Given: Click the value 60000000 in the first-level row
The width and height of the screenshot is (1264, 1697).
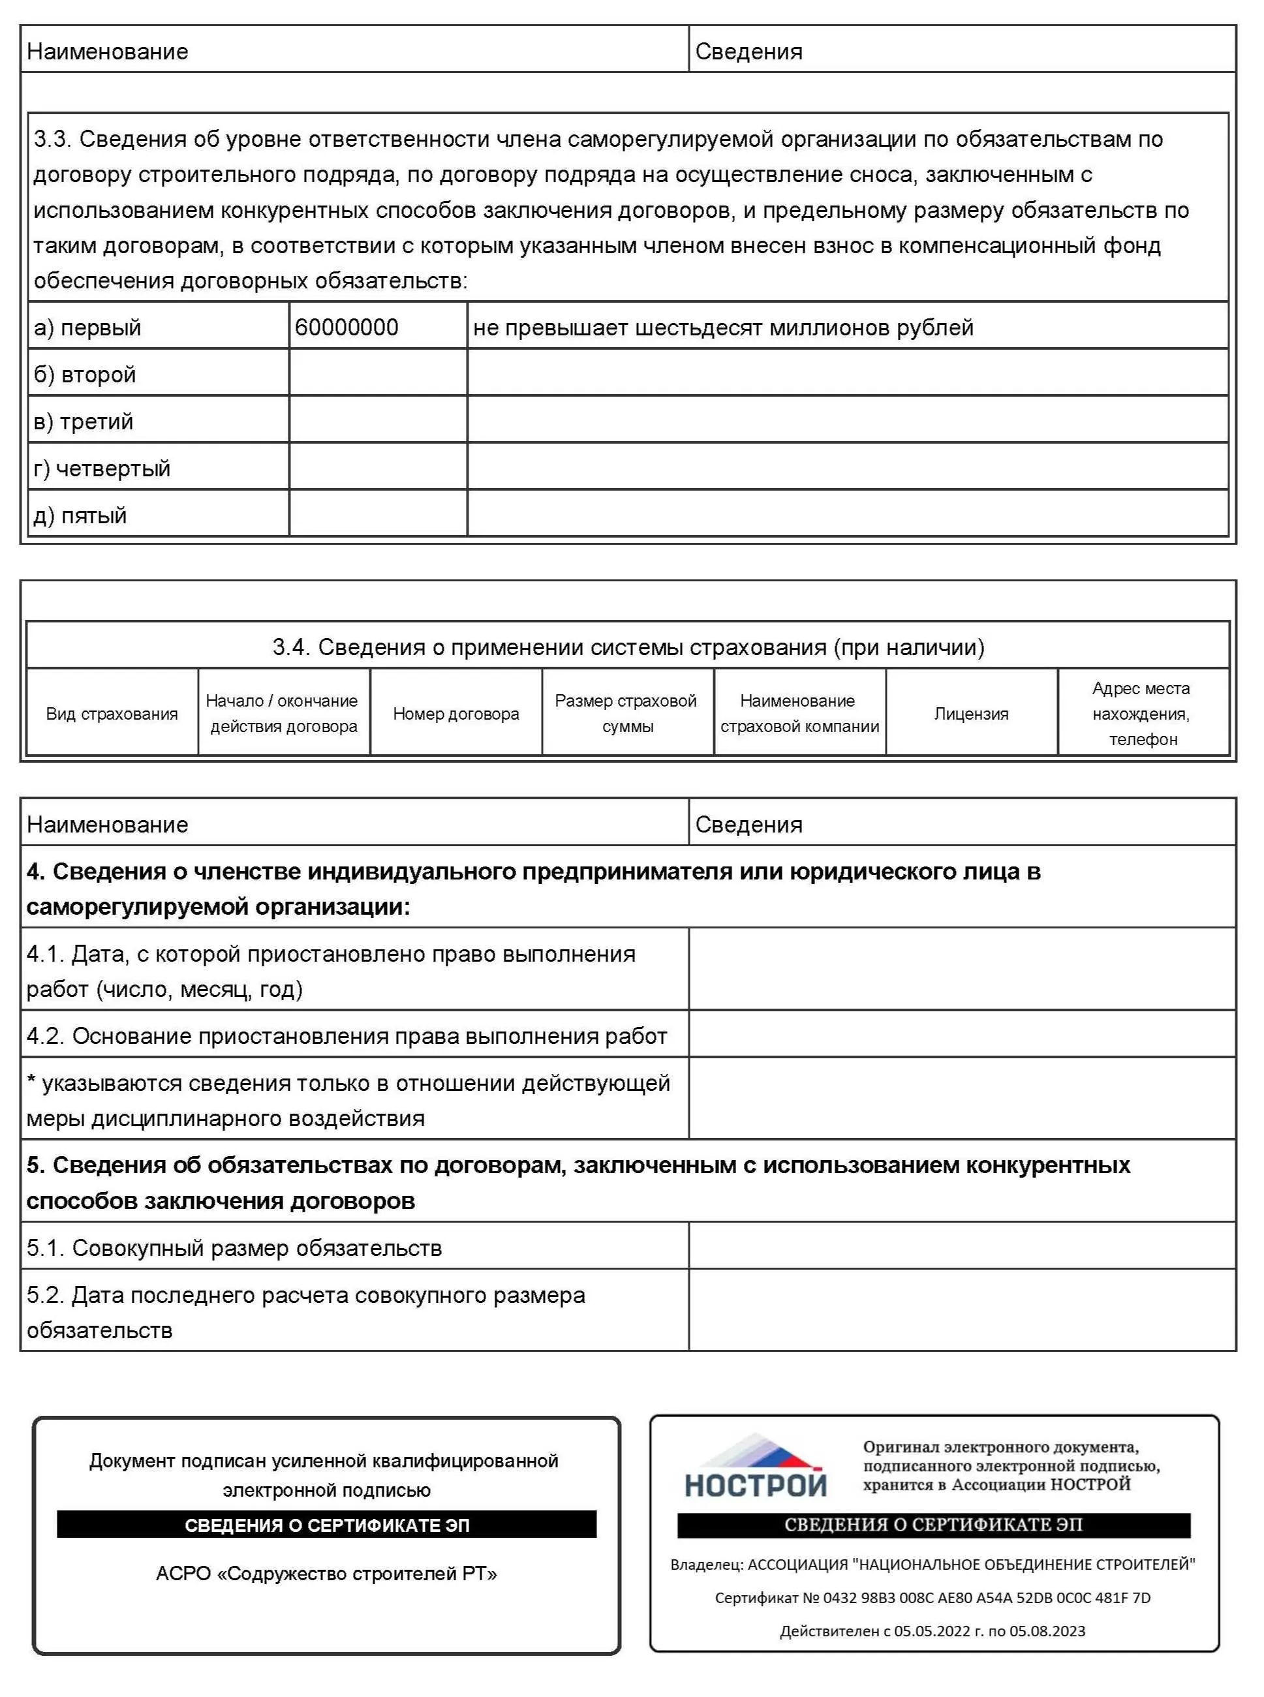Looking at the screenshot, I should [347, 328].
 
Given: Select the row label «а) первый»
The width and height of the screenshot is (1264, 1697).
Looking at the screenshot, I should [87, 328].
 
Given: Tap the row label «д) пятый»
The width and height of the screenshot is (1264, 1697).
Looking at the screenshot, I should [80, 515].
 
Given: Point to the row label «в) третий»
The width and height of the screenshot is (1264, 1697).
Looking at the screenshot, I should [84, 421].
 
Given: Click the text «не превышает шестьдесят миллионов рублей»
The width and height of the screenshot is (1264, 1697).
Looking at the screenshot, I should [723, 328].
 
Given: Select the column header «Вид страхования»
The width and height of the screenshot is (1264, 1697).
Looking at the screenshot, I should [112, 713].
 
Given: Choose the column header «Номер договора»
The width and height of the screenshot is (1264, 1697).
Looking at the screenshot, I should [456, 713].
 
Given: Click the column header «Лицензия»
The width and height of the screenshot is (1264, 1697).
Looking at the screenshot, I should [971, 713].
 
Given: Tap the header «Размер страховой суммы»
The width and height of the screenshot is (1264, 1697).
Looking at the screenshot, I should [626, 713].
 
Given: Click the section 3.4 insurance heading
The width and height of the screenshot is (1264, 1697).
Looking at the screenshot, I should [628, 647].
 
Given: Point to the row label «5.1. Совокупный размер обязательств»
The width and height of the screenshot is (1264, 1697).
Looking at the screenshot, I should [234, 1248].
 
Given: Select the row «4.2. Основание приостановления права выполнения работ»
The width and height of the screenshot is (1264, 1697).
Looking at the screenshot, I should [347, 1036].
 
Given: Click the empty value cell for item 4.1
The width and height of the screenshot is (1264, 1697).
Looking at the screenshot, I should [961, 970].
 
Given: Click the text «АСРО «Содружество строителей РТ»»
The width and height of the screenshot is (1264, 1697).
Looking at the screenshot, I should [327, 1573].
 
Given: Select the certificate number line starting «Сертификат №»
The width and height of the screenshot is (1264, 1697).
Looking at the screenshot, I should [933, 1598].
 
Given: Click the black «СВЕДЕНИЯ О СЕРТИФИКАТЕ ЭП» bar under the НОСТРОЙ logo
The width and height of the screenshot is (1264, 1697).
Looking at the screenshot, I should [933, 1525].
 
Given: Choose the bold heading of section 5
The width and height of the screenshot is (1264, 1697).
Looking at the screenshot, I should [578, 1182].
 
